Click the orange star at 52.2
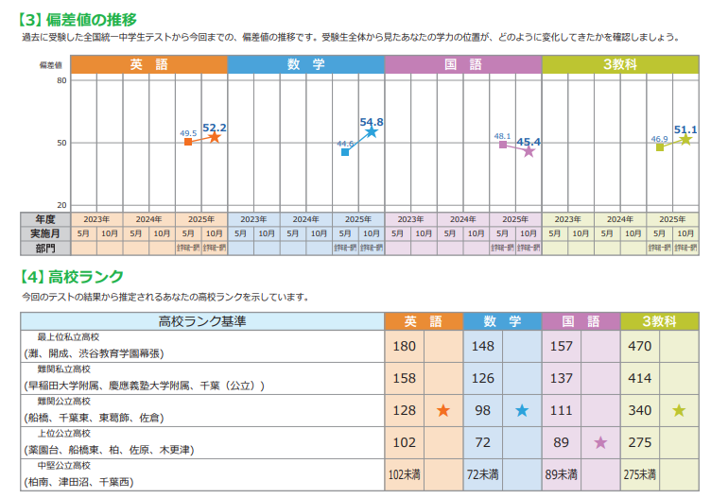pyautogui.click(x=215, y=138)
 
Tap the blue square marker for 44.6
pyautogui.click(x=345, y=152)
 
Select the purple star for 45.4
pyautogui.click(x=529, y=151)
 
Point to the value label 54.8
pyautogui.click(x=372, y=122)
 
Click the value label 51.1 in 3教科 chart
pyautogui.click(x=685, y=129)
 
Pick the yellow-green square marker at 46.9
pyautogui.click(x=660, y=147)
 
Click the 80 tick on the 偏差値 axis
pyautogui.click(x=61, y=80)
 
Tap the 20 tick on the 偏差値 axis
pyautogui.click(x=61, y=204)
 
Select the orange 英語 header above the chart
pyautogui.click(x=148, y=64)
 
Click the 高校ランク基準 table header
pyautogui.click(x=202, y=321)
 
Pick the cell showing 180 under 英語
pyautogui.click(x=404, y=346)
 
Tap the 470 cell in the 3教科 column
pyautogui.click(x=640, y=346)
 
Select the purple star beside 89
pyautogui.click(x=599, y=442)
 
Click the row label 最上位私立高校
pyautogui.click(x=68, y=337)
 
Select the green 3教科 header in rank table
pyautogui.click(x=659, y=321)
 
